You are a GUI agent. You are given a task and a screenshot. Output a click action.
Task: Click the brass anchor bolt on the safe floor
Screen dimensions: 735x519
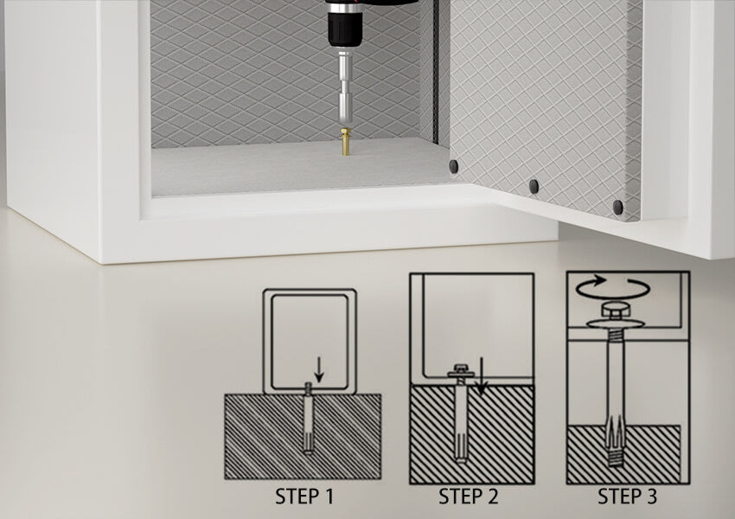tap(346, 141)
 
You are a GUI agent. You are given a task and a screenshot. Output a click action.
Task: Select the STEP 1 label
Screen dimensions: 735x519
tap(304, 497)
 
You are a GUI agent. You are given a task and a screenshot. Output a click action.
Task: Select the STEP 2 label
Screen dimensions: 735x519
tap(468, 497)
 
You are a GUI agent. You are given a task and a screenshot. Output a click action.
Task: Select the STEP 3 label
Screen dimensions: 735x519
tap(627, 497)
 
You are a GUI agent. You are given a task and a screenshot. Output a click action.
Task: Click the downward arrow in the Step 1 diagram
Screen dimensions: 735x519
tap(319, 370)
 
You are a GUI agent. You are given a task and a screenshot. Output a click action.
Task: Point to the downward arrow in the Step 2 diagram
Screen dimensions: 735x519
tap(481, 376)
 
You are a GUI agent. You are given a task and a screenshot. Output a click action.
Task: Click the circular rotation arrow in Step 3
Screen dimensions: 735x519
tap(613, 287)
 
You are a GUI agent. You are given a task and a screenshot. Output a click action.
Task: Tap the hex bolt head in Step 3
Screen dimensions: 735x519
tap(615, 311)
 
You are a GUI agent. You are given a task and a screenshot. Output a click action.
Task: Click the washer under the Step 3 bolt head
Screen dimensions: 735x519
tap(615, 324)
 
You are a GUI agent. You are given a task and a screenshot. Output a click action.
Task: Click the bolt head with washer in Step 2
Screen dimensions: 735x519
tap(461, 371)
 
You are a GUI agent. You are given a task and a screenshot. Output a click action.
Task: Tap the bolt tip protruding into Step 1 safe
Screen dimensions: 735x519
tap(308, 388)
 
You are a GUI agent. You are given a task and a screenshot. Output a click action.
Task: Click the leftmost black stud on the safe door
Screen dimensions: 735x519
tap(454, 166)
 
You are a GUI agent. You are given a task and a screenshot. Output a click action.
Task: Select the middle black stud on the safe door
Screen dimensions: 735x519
tap(534, 186)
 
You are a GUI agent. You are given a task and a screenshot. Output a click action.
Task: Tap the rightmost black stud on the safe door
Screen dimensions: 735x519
tap(617, 207)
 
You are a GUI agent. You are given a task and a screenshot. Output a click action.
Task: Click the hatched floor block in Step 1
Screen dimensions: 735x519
tap(263, 437)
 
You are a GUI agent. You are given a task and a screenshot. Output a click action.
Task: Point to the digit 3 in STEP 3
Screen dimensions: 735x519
tap(651, 497)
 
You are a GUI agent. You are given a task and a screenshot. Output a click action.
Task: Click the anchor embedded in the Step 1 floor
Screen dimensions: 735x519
tap(308, 425)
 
